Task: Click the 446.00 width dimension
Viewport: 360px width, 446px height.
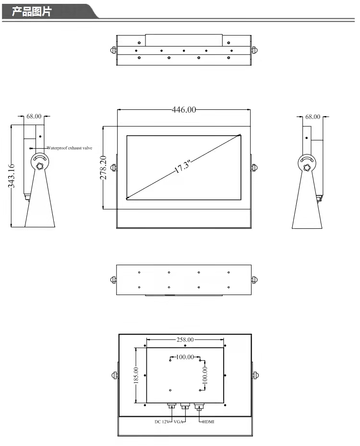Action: tap(184, 110)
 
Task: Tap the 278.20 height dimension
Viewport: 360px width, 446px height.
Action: tap(102, 167)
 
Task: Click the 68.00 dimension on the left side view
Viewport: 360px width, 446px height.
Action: tap(34, 116)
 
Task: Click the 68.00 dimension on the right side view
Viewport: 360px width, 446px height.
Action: tap(312, 117)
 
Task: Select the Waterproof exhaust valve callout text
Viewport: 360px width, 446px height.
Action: tap(70, 148)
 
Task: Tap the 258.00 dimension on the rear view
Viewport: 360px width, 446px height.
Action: tap(185, 340)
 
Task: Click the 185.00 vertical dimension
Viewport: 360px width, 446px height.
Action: tap(136, 376)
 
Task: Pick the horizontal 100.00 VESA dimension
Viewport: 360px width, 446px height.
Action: tap(185, 357)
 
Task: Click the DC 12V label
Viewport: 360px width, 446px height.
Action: tap(161, 422)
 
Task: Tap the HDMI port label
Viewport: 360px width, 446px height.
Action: tap(208, 422)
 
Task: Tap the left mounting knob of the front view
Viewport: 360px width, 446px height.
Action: tap(114, 167)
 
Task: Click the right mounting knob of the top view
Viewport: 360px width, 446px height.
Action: tap(254, 50)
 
